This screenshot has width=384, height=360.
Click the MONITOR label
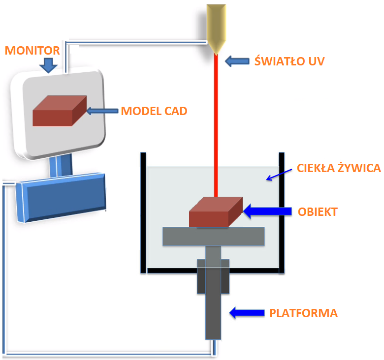pyautogui.click(x=32, y=50)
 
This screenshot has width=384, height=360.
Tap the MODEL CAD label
pyautogui.click(x=154, y=111)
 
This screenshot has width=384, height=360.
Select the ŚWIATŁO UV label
pyautogui.click(x=289, y=61)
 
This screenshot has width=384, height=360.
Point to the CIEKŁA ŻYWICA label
pyautogui.click(x=339, y=168)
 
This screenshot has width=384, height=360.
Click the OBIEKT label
pyautogui.click(x=318, y=211)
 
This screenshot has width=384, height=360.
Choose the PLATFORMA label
pyautogui.click(x=303, y=313)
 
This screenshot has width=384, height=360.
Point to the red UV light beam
pyautogui.click(x=216, y=123)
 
